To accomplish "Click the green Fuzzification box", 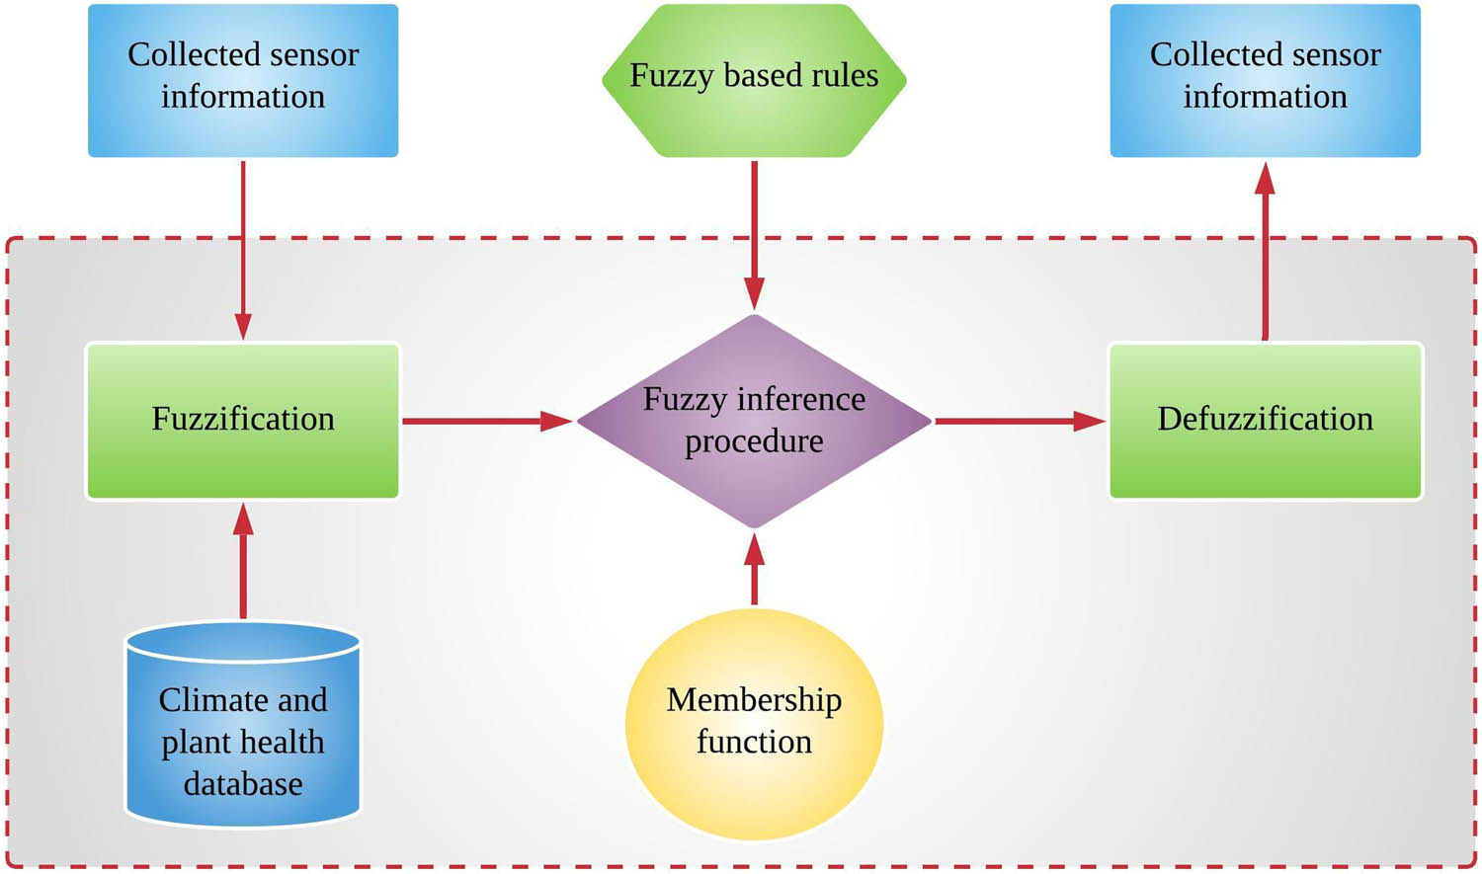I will pyautogui.click(x=243, y=421).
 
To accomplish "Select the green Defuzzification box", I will pyautogui.click(x=1266, y=421).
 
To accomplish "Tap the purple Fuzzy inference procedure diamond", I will pyautogui.click(x=754, y=421).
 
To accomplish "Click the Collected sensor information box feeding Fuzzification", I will pyautogui.click(x=243, y=79).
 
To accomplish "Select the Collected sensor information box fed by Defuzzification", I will pyautogui.click(x=1266, y=79).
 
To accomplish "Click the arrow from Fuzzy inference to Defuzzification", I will pyautogui.click(x=1019, y=422).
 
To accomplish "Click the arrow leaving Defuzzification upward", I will pyautogui.click(x=1265, y=252).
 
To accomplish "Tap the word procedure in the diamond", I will pyautogui.click(x=754, y=441).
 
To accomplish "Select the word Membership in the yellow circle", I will pyautogui.click(x=754, y=700).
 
